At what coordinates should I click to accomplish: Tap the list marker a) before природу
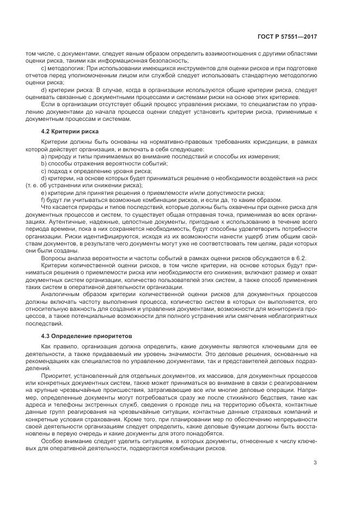coord(44,156)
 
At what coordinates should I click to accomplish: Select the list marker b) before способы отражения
coord(44,163)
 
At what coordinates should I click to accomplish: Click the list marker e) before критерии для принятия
coord(44,193)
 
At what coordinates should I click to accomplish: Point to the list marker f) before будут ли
coord(43,200)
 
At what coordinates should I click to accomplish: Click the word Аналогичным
coord(61,293)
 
